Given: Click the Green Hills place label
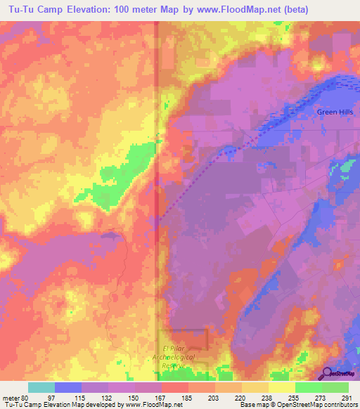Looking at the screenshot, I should coord(335,112).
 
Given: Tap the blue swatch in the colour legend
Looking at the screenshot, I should coord(67,387).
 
